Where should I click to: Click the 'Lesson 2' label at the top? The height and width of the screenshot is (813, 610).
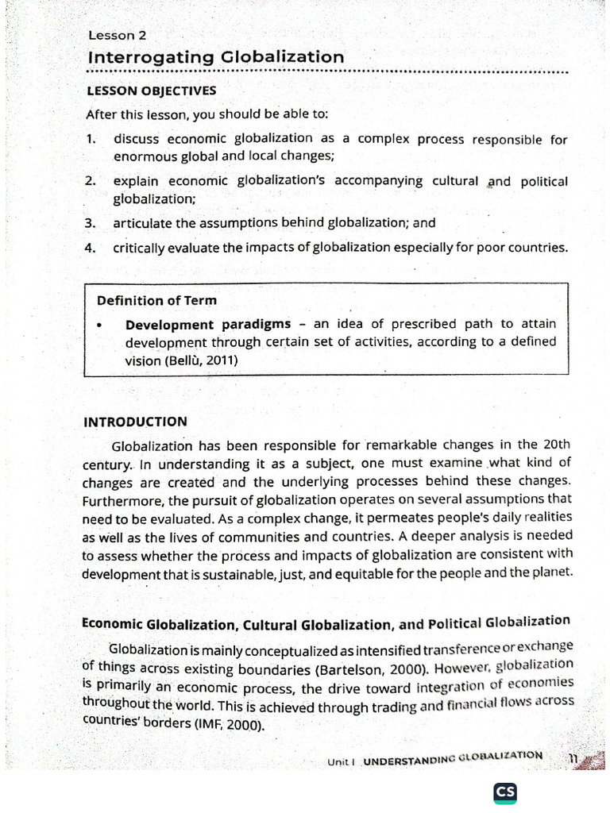coord(117,36)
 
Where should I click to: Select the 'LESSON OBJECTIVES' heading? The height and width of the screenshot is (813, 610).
coord(151,91)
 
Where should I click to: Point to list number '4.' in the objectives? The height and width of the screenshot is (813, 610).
coord(91,248)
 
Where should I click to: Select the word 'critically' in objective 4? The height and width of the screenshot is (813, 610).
coord(138,248)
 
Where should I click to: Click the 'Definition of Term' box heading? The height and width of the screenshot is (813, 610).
coord(156,301)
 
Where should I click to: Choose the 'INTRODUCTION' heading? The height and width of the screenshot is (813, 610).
coord(135,422)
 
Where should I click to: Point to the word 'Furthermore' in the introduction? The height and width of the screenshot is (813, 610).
coord(122,500)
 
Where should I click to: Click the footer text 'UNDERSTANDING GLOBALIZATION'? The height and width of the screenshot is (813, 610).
coord(453,759)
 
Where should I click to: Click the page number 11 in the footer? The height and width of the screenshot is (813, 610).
coord(573,758)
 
